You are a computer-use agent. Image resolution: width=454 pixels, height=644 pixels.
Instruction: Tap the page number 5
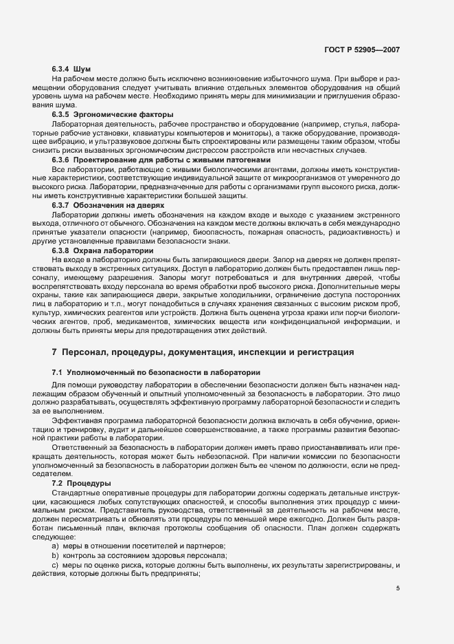click(398, 588)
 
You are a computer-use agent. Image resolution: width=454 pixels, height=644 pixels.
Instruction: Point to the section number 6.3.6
click(63, 160)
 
